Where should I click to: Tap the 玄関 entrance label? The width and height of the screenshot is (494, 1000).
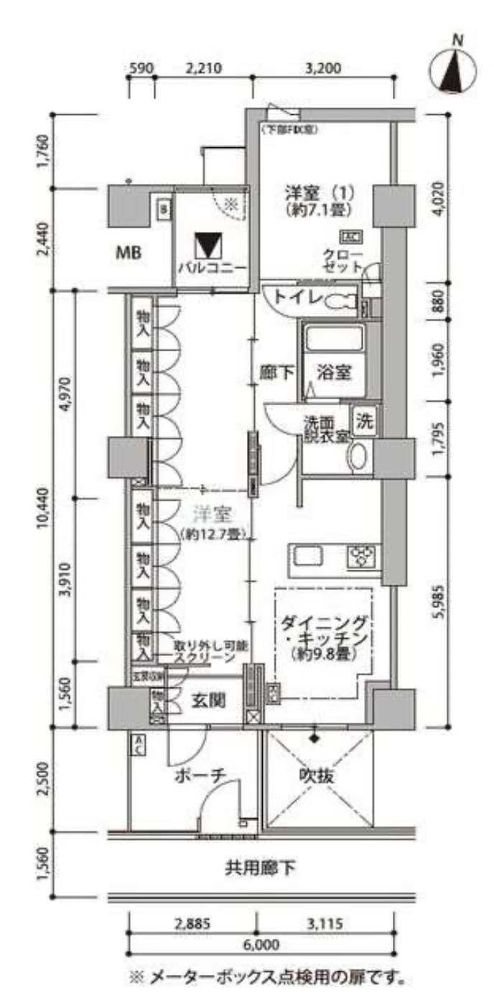(210, 700)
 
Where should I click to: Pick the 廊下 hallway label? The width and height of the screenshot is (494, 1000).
(277, 372)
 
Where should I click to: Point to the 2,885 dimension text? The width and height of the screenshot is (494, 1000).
(192, 924)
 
